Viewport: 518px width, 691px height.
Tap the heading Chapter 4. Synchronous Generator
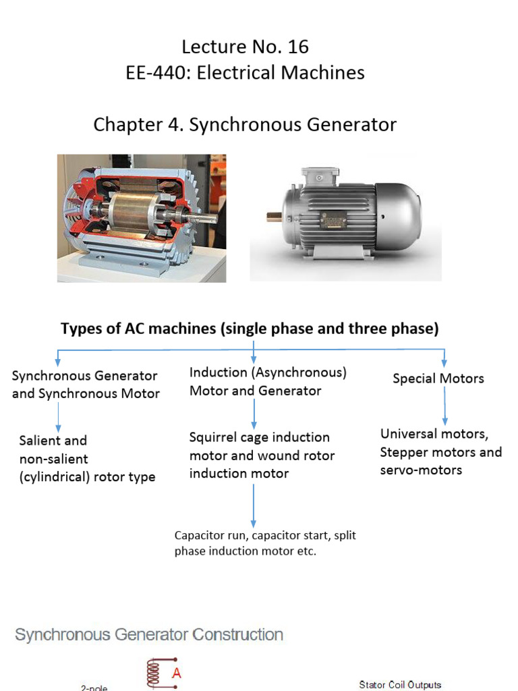[245, 125]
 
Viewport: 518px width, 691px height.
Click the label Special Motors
[438, 379]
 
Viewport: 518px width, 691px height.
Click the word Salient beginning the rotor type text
[53, 441]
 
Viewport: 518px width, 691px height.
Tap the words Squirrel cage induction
[260, 437]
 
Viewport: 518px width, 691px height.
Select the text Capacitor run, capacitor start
[265, 535]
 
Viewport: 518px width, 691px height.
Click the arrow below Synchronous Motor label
[59, 417]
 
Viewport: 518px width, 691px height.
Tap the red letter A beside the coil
[177, 673]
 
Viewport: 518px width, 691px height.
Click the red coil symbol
[154, 672]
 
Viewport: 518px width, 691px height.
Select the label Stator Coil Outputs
[400, 684]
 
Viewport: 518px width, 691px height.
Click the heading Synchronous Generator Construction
[149, 634]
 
